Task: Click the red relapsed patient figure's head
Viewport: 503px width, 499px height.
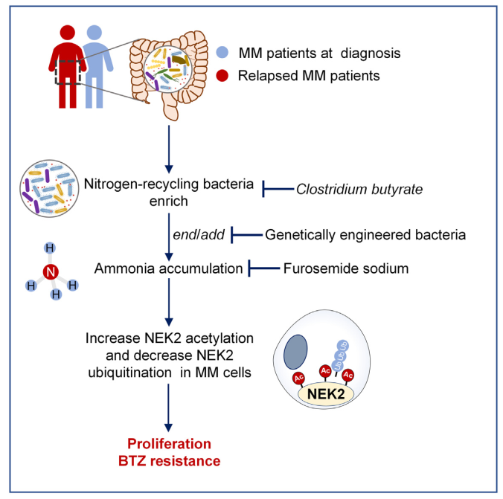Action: tap(68, 33)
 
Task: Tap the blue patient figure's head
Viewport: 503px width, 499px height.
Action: tap(94, 33)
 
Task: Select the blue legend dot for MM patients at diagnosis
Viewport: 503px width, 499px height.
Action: tap(222, 52)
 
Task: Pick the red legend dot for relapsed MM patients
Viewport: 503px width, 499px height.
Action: tap(222, 76)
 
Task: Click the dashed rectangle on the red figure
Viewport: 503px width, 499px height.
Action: tap(56, 72)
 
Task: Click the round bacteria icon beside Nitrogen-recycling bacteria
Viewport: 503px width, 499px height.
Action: tap(49, 189)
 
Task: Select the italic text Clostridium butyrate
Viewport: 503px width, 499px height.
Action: tap(359, 190)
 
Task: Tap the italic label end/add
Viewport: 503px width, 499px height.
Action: tap(199, 235)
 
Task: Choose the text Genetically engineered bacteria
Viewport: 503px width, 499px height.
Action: tap(365, 235)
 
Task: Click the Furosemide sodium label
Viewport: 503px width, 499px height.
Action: tap(346, 268)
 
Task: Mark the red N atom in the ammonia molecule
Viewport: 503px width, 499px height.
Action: tap(51, 272)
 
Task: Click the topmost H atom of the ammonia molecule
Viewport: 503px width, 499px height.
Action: tap(50, 248)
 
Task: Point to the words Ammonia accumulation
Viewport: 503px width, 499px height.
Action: tap(168, 268)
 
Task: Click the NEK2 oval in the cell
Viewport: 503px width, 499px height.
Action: tap(326, 394)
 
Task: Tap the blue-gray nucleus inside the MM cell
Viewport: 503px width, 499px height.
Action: tap(295, 352)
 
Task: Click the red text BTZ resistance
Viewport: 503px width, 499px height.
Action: tap(170, 461)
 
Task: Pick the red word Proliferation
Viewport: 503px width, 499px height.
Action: tap(169, 444)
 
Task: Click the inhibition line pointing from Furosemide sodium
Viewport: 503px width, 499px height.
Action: tap(264, 268)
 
